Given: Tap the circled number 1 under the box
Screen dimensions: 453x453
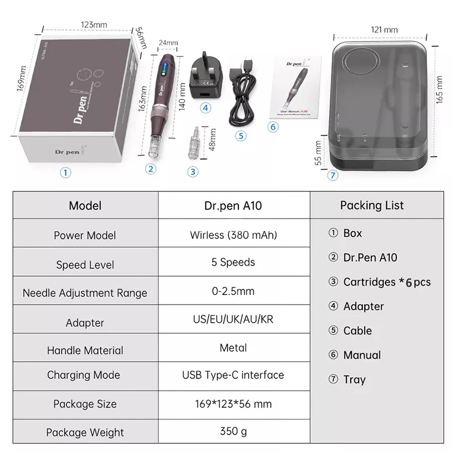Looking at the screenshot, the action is click(x=67, y=173).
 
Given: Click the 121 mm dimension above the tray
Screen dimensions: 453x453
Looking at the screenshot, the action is click(x=384, y=29).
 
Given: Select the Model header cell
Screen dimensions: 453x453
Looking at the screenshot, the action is click(x=85, y=206).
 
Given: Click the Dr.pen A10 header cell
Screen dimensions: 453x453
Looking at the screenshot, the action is click(x=233, y=206).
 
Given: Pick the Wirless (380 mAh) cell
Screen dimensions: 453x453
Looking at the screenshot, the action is click(x=233, y=234).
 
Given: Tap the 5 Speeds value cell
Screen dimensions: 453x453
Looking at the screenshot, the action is click(x=233, y=262).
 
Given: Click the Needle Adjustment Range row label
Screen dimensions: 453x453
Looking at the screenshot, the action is click(x=85, y=293).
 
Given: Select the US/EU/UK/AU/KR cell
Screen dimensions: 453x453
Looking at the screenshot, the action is click(x=233, y=319).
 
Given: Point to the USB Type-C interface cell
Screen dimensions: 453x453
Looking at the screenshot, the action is click(x=233, y=375).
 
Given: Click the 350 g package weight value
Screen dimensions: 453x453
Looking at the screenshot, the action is click(x=233, y=431).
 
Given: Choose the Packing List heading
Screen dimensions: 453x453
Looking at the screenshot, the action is click(x=372, y=205).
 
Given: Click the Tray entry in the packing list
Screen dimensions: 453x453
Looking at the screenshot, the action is click(x=354, y=379).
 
